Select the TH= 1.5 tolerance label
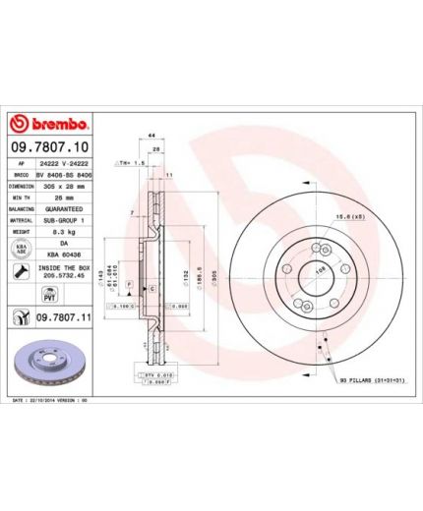(x=132, y=160)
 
